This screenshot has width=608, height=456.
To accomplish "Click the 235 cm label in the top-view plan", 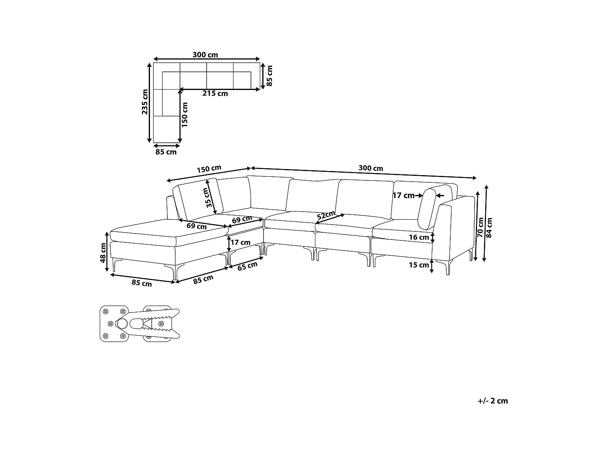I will tap(145, 101).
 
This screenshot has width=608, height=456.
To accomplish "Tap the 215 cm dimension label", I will tap(215, 94).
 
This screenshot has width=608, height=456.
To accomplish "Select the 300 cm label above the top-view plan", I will tap(205, 55).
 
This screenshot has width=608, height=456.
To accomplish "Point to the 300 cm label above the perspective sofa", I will tap(370, 168).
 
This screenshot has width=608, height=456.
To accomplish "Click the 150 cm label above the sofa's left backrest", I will tap(209, 169).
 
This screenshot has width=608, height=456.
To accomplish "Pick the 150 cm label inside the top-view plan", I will tap(185, 114).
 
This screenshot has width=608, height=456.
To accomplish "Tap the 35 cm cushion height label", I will tap(207, 197).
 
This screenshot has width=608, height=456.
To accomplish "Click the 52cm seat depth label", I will tap(326, 215).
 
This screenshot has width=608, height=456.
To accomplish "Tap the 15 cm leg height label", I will tap(419, 265).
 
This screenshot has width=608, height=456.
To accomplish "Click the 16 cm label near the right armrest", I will tap(419, 238).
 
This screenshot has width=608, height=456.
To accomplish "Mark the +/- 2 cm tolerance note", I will tap(492, 401).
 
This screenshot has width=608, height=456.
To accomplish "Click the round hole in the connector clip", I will tap(122, 323).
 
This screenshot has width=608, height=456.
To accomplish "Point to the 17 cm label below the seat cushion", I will tap(240, 242).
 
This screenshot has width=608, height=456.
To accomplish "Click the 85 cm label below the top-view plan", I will tap(166, 152).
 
